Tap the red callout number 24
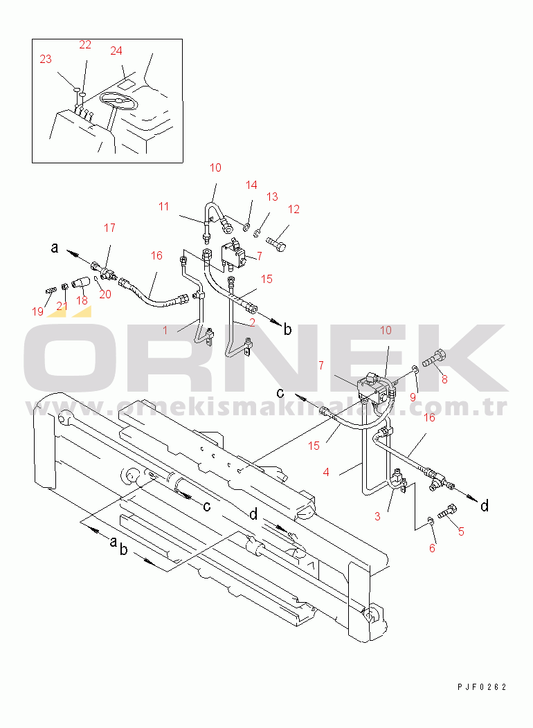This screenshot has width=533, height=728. coord(116,51)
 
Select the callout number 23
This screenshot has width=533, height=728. coord(46,59)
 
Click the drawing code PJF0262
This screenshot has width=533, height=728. coord(482,686)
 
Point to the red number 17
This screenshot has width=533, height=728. coord(109,228)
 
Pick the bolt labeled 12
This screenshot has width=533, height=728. coord(276,243)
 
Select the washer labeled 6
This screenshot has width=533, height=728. coord(431,520)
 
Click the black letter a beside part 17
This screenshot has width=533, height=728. coord(55,248)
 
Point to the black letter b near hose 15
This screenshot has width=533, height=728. coord(288,329)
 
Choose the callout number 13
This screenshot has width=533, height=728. coord(272,197)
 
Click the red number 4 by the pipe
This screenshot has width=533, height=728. coord(326,472)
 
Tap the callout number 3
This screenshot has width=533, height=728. coord(377,516)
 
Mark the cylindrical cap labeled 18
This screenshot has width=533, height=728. coord(80,282)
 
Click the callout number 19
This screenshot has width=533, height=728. coord(37,311)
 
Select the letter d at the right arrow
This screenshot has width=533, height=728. coord(485,505)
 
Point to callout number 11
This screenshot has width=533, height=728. coord(163,207)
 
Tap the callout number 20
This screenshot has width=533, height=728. coord(105,294)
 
